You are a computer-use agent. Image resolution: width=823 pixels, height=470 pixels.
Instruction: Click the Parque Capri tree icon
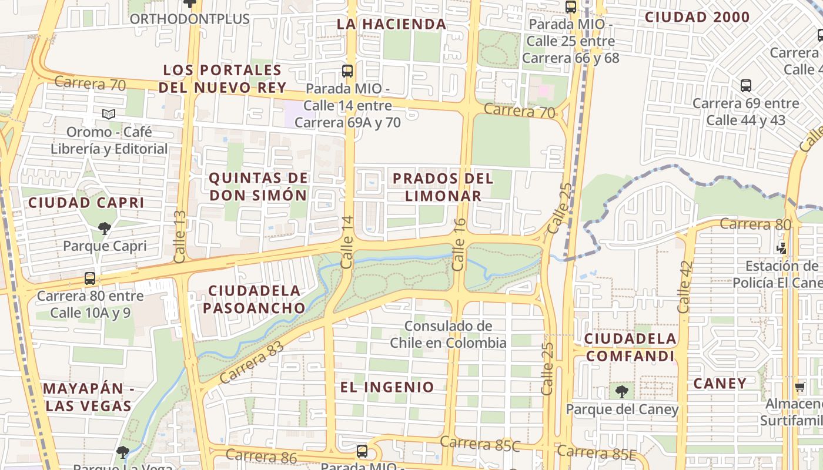click(x=105, y=227)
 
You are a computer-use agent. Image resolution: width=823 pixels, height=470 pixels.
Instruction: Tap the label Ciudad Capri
click(x=86, y=203)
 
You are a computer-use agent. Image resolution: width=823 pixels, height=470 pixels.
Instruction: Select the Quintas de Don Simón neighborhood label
click(x=259, y=186)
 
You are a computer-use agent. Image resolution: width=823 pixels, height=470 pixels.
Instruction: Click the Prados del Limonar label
click(x=443, y=186)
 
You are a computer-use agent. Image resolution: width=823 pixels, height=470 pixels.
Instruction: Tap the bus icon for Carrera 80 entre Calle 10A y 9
click(x=89, y=278)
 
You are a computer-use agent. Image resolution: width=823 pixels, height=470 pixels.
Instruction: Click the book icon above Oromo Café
click(x=108, y=114)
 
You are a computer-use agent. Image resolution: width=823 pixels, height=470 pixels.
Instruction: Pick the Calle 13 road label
click(x=180, y=237)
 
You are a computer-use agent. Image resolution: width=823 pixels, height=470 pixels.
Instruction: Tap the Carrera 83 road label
click(x=251, y=362)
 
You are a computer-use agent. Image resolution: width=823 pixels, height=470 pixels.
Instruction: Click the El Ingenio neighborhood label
click(x=387, y=387)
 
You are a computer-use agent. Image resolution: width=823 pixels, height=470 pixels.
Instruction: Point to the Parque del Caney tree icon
click(x=621, y=391)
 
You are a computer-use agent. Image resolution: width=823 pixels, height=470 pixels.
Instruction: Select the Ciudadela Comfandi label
click(x=630, y=347)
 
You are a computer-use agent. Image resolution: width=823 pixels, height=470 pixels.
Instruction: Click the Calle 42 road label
click(x=684, y=287)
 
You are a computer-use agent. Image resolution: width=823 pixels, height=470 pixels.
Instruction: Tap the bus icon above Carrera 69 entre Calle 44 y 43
click(x=745, y=86)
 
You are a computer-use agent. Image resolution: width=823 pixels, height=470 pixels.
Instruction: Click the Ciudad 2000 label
click(x=697, y=17)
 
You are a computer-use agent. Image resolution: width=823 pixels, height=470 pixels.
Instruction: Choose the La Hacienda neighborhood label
click(x=392, y=24)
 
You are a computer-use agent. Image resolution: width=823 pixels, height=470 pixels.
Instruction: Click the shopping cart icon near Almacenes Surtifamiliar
click(x=799, y=387)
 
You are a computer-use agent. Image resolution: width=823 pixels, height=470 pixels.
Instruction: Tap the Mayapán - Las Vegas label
click(x=88, y=397)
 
